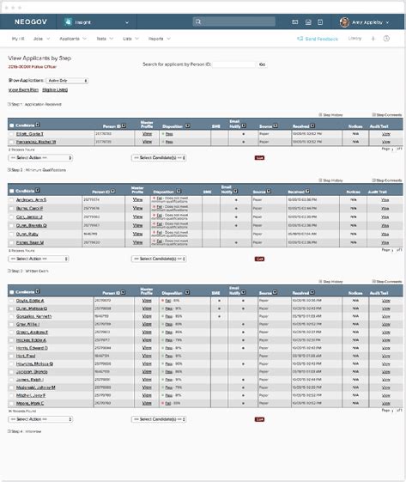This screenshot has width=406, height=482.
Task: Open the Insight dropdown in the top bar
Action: (x=100, y=21)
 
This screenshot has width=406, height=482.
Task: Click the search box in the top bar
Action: (x=234, y=21)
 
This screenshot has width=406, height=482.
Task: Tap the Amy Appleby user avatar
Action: (x=344, y=21)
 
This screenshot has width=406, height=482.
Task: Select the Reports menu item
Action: (x=157, y=39)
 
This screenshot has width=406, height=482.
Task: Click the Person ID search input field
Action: (x=233, y=64)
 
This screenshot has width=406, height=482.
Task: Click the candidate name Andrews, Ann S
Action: (x=32, y=199)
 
